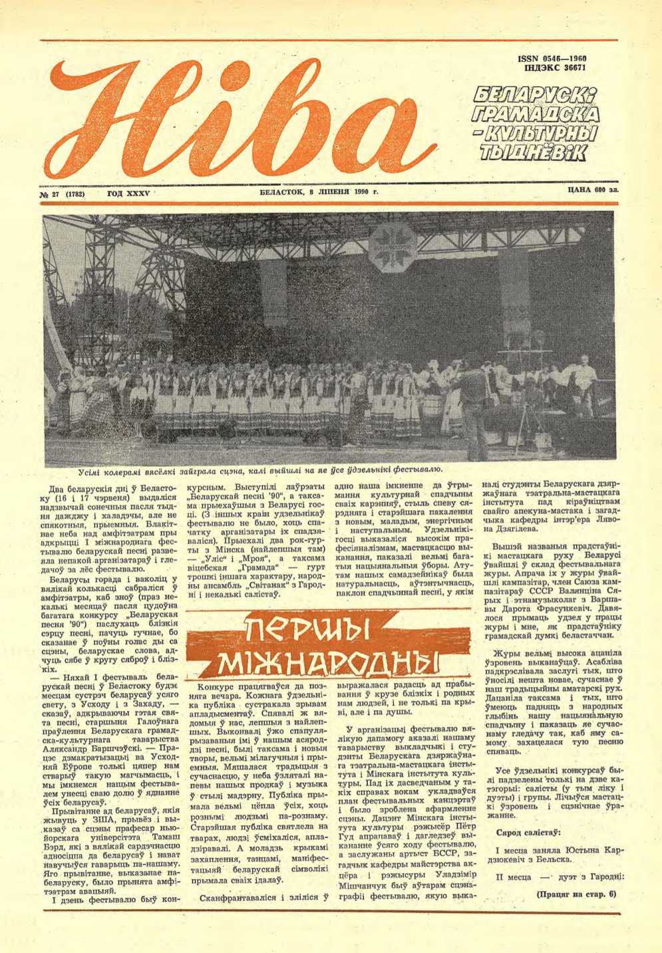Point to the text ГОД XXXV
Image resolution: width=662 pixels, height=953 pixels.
tap(129, 194)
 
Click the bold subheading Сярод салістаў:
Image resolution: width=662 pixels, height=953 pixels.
tap(528, 832)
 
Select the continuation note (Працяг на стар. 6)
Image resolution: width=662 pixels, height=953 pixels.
tap(576, 894)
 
